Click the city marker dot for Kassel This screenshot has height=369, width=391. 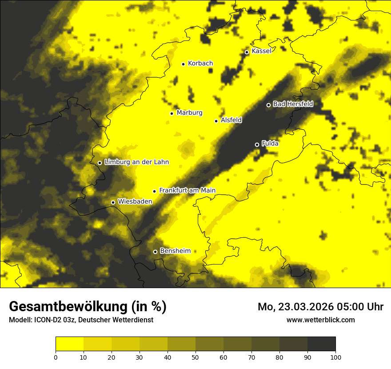pyautogui.click(x=247, y=52)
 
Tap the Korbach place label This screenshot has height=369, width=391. pyautogui.click(x=200, y=64)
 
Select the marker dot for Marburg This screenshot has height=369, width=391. pyautogui.click(x=172, y=113)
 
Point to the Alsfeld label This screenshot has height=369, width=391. pyautogui.click(x=231, y=120)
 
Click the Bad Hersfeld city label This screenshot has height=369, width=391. pyautogui.click(x=293, y=104)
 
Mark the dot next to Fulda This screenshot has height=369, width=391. pyautogui.click(x=257, y=144)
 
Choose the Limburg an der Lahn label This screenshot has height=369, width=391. pyautogui.click(x=136, y=162)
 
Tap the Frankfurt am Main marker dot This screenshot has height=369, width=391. pyautogui.click(x=155, y=191)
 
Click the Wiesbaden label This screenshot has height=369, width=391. pyautogui.click(x=135, y=201)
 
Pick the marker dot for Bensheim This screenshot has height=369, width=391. pyautogui.click(x=155, y=252)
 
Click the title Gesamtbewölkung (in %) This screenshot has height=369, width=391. pyautogui.click(x=88, y=306)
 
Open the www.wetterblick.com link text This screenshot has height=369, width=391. pyautogui.click(x=320, y=320)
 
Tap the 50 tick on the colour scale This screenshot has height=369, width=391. pyautogui.click(x=195, y=357)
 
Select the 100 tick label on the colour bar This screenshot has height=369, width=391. pyautogui.click(x=335, y=357)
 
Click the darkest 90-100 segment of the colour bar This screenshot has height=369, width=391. pyautogui.click(x=321, y=344)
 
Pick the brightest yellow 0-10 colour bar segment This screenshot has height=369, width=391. pyautogui.click(x=69, y=344)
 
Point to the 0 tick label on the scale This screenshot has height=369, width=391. pyautogui.click(x=56, y=357)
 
